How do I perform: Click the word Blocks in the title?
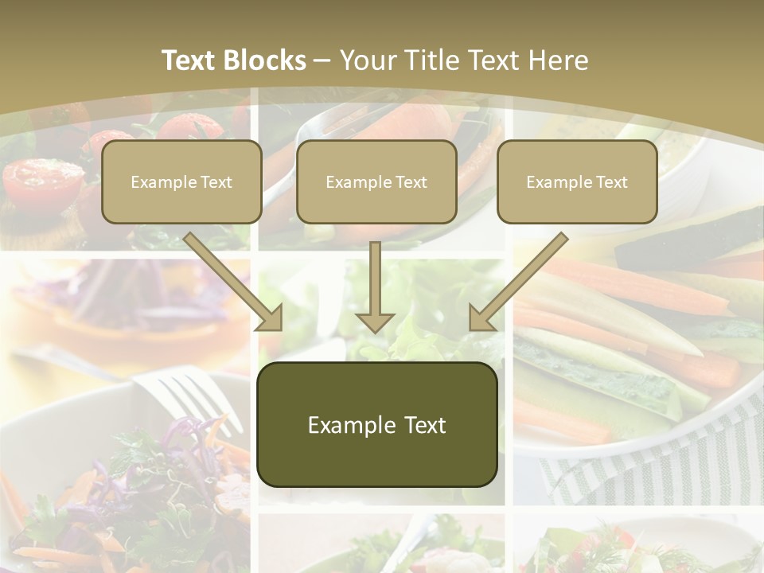[x=267, y=60]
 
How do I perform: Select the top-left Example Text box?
[x=181, y=182]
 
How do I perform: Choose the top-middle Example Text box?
[x=376, y=182]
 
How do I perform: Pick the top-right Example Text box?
[x=577, y=182]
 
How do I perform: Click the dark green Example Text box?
[x=377, y=424]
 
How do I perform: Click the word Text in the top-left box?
[x=215, y=182]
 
